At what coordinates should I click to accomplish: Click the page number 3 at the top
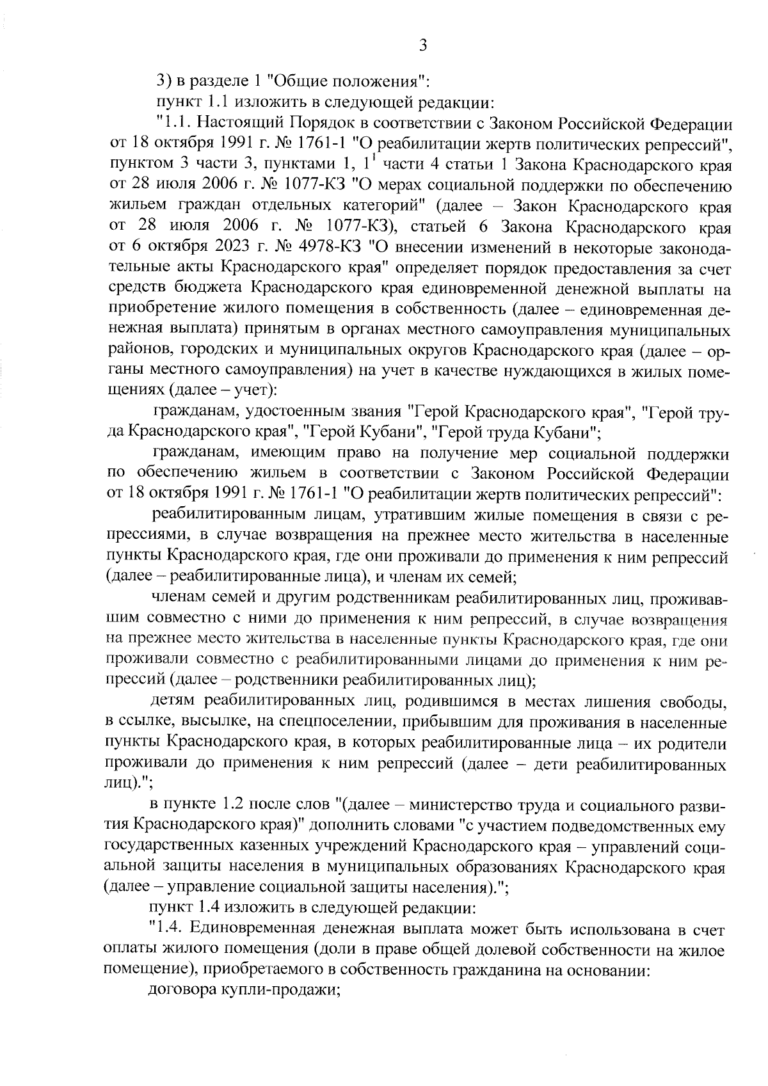click(x=422, y=45)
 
